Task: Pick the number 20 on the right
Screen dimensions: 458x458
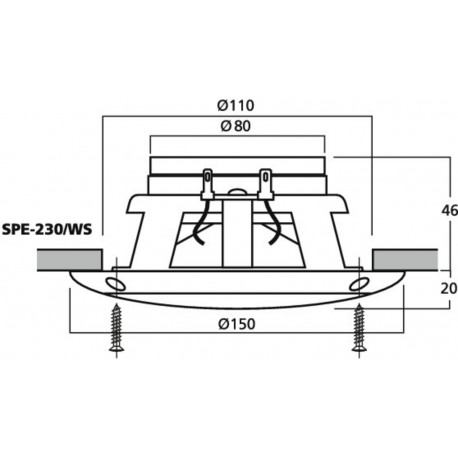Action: pyautogui.click(x=422, y=286)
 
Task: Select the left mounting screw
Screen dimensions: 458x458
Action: pyautogui.click(x=116, y=329)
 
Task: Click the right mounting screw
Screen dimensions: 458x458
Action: pyautogui.click(x=358, y=329)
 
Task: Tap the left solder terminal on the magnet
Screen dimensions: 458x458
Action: pyautogui.click(x=209, y=183)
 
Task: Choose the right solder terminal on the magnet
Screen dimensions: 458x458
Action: pyautogui.click(x=265, y=183)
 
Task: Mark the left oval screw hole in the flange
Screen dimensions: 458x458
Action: pyautogui.click(x=116, y=287)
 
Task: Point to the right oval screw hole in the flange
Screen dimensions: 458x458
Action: pyautogui.click(x=357, y=287)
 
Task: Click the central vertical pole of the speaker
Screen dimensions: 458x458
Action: pyautogui.click(x=237, y=230)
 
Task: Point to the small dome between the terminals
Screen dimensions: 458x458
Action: pyautogui.click(x=237, y=188)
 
